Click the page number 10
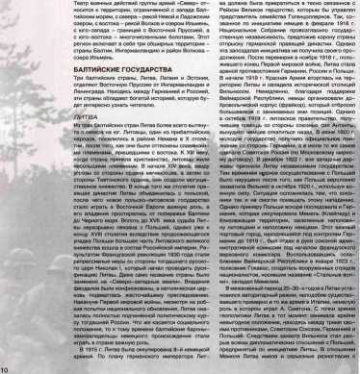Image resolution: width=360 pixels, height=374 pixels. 5,368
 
